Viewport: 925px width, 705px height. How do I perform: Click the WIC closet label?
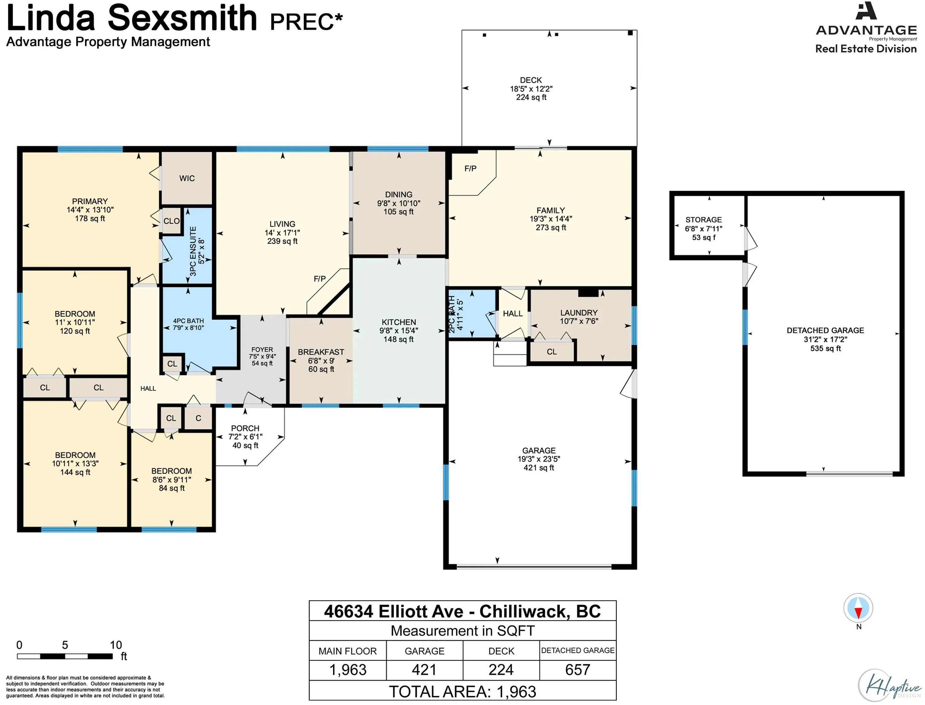(187, 178)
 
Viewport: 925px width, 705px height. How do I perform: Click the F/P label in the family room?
(470, 169)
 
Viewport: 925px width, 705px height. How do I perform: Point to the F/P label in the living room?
(319, 279)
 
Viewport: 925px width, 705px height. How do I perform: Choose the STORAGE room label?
(703, 220)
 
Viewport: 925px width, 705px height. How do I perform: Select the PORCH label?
(245, 428)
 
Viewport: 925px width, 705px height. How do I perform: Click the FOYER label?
(262, 349)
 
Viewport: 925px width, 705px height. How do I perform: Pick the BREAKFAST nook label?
(321, 352)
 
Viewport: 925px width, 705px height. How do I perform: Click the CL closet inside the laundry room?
(552, 352)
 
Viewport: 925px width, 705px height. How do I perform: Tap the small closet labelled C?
(198, 418)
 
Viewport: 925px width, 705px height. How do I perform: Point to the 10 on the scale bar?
(116, 645)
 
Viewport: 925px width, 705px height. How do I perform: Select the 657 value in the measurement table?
(578, 670)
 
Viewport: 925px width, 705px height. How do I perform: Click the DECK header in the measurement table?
(501, 651)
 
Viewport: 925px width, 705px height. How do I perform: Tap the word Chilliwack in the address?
(525, 612)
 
